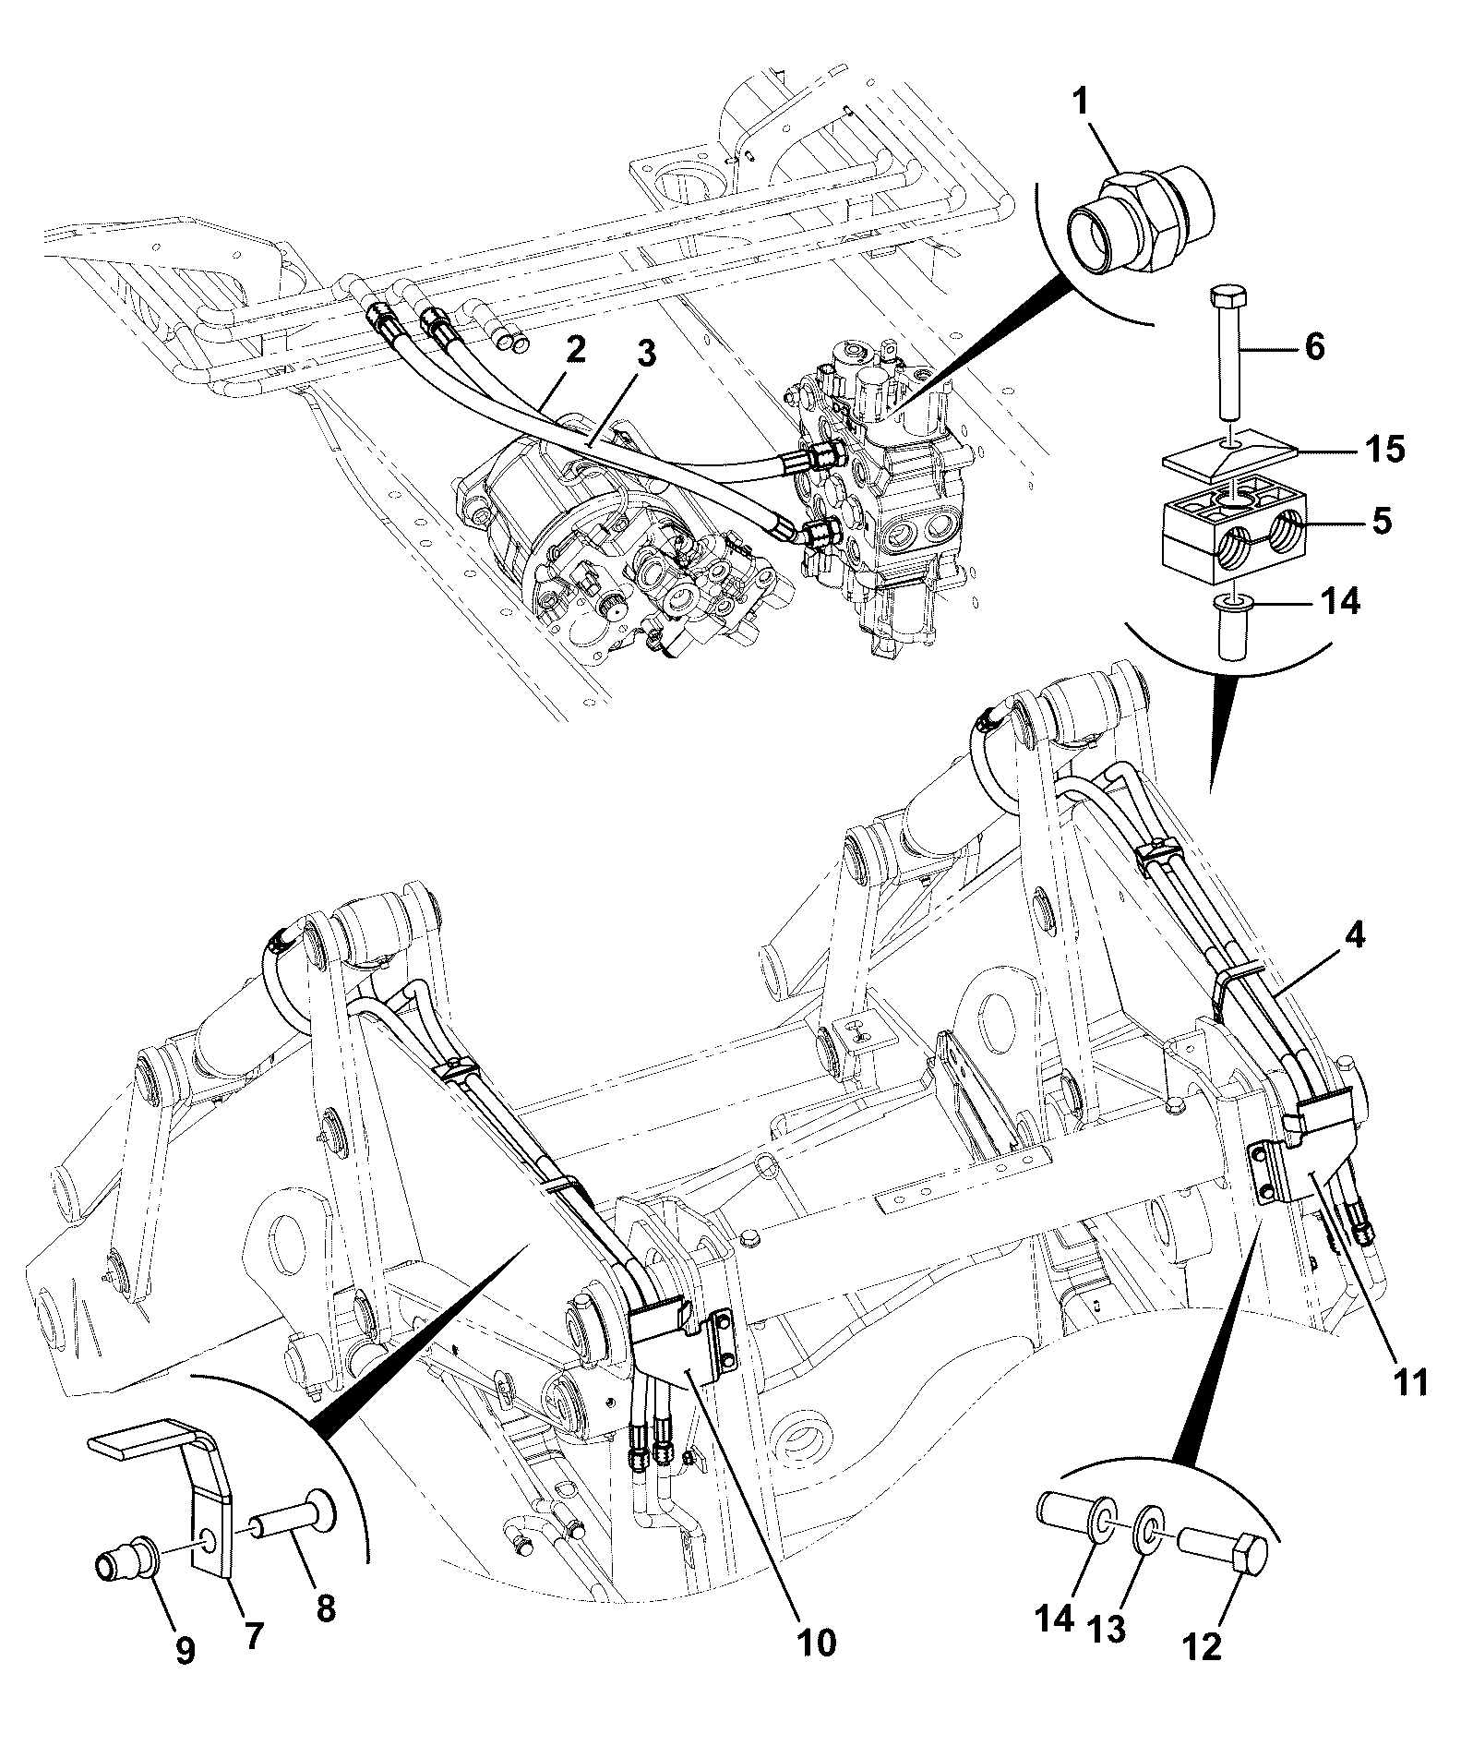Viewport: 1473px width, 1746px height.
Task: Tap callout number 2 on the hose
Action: click(574, 352)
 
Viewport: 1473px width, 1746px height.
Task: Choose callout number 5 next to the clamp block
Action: click(1382, 522)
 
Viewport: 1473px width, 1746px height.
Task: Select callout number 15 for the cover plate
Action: click(1380, 450)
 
